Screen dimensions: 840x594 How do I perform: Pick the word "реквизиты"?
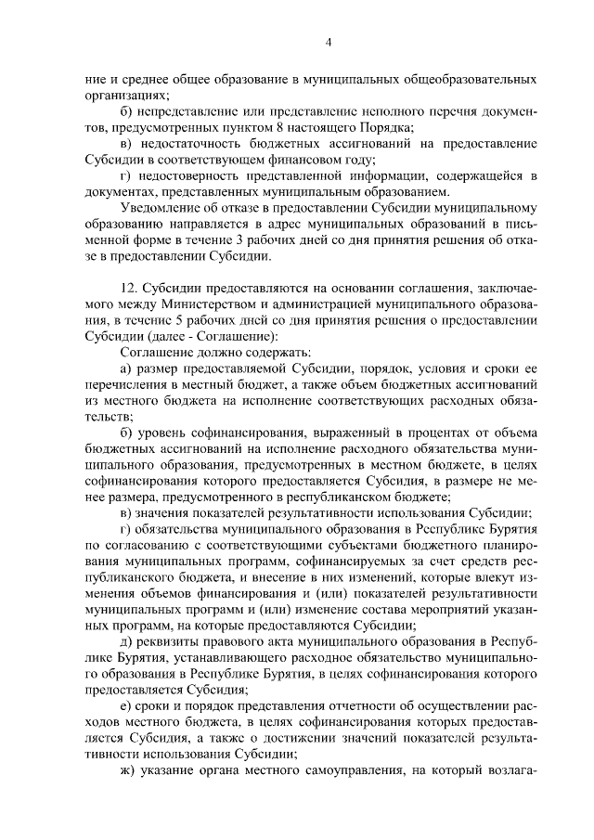pos(172,641)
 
